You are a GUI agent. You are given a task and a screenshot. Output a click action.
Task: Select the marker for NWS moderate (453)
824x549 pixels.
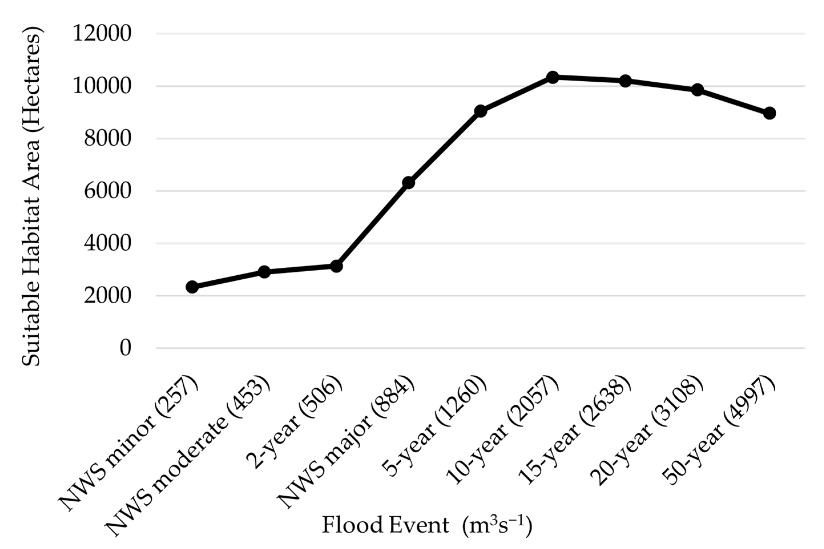point(264,272)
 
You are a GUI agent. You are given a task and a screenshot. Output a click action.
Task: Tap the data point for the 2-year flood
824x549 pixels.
point(336,266)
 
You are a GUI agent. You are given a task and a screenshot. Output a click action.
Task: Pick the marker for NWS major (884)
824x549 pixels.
point(409,182)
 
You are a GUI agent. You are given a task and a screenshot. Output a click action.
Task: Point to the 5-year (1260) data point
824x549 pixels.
point(480,111)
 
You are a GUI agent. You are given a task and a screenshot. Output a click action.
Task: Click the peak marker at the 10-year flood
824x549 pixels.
point(553,77)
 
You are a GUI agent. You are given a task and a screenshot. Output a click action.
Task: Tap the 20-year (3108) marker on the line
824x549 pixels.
point(697,90)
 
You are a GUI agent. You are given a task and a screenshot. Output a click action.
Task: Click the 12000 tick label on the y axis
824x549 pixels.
point(102,34)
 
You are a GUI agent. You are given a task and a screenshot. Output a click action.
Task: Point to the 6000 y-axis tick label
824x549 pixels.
point(108,191)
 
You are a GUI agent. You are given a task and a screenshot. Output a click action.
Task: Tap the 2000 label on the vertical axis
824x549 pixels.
point(108,296)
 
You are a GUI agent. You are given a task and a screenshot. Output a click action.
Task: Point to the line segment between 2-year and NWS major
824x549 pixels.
point(372,225)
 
